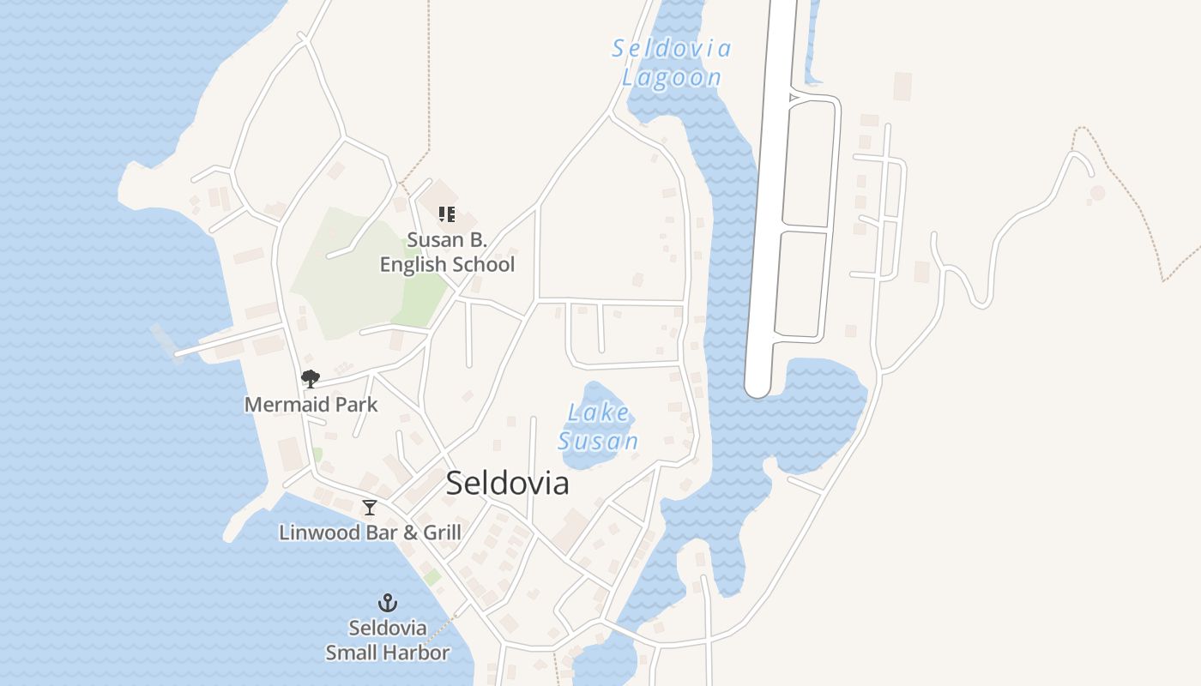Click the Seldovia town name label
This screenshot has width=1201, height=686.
(x=507, y=484)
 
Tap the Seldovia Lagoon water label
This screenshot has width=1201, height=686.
(x=671, y=63)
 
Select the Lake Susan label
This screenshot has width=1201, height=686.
(x=599, y=426)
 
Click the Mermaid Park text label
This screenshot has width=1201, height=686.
(x=311, y=404)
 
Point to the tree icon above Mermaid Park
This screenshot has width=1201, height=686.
(x=311, y=378)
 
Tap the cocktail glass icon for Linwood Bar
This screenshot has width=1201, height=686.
(x=370, y=508)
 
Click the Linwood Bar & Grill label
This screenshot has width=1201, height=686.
(x=370, y=533)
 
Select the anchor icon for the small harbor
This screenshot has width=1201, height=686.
(x=388, y=603)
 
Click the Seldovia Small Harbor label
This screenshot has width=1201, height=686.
(x=388, y=640)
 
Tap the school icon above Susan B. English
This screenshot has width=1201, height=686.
(x=446, y=214)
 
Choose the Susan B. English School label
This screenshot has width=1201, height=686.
(x=447, y=252)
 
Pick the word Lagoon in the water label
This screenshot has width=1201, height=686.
(x=671, y=77)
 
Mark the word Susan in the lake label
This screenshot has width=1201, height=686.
(x=599, y=441)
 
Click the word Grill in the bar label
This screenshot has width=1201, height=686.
(x=442, y=533)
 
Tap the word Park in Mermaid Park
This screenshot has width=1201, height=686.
(x=357, y=404)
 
